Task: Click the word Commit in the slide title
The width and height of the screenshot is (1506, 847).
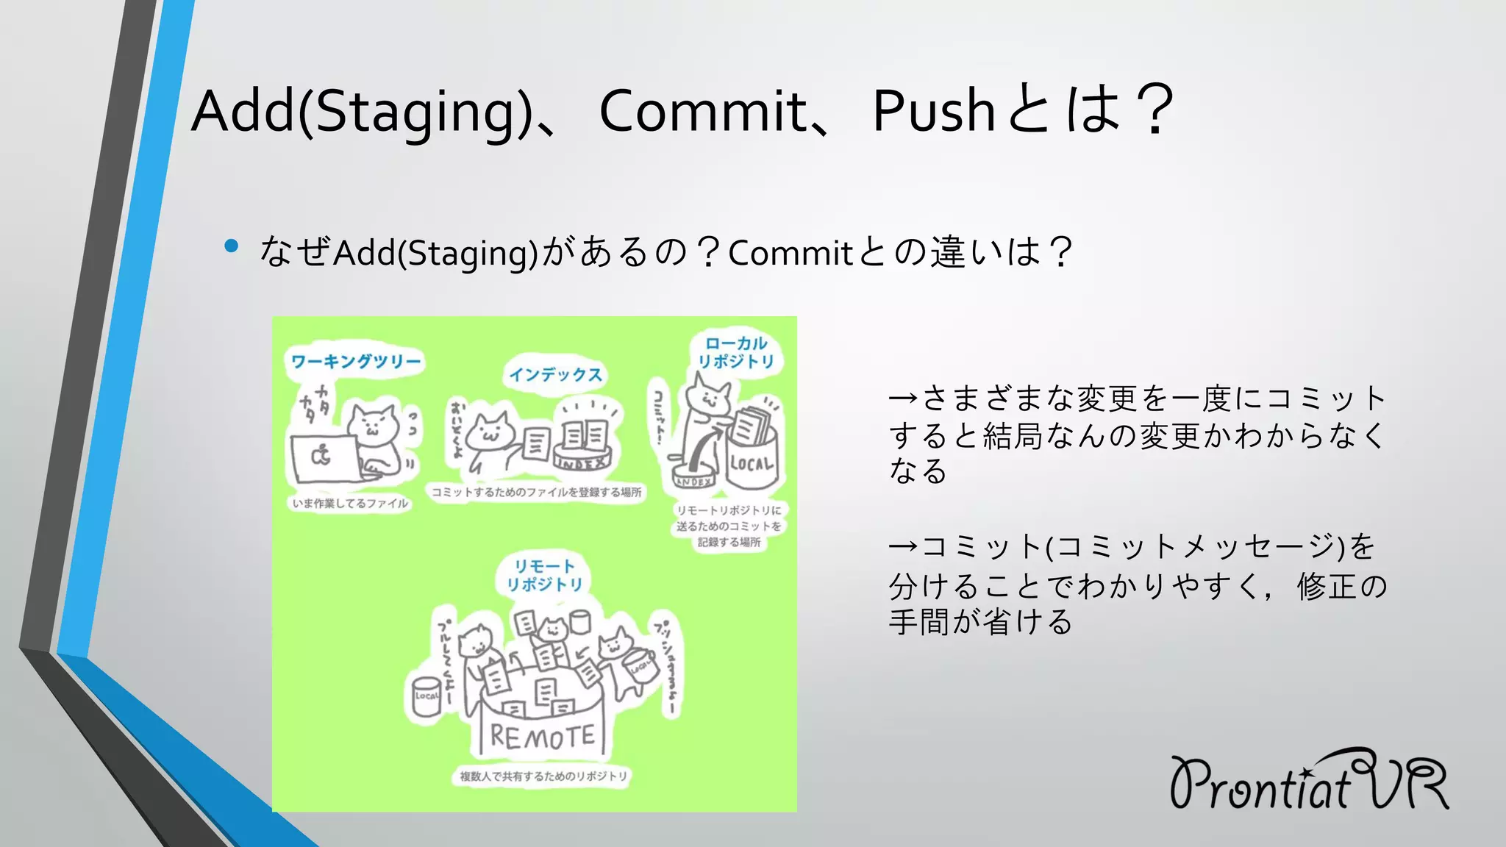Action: (703, 112)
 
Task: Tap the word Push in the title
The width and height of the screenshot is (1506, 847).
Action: (934, 112)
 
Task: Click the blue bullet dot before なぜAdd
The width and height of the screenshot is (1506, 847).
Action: (232, 246)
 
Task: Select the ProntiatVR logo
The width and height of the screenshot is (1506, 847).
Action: (1309, 781)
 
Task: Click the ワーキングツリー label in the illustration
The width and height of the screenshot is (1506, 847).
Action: (356, 361)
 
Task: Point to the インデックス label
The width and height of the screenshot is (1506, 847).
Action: (556, 374)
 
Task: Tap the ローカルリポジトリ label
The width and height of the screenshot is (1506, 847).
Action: (736, 352)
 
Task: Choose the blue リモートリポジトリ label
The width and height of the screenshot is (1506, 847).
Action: (544, 575)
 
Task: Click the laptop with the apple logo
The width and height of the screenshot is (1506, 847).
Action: (322, 457)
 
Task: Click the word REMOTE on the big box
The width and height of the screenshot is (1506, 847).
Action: (542, 735)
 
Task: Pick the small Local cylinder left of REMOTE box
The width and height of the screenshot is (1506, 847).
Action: (426, 695)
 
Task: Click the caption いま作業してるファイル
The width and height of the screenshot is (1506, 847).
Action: (349, 504)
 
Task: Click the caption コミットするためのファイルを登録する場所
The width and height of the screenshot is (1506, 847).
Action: (536, 492)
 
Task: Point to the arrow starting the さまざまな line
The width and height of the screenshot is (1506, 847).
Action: (903, 399)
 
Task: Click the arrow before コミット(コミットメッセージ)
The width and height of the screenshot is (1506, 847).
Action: (903, 546)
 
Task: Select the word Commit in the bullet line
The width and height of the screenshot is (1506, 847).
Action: (790, 254)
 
